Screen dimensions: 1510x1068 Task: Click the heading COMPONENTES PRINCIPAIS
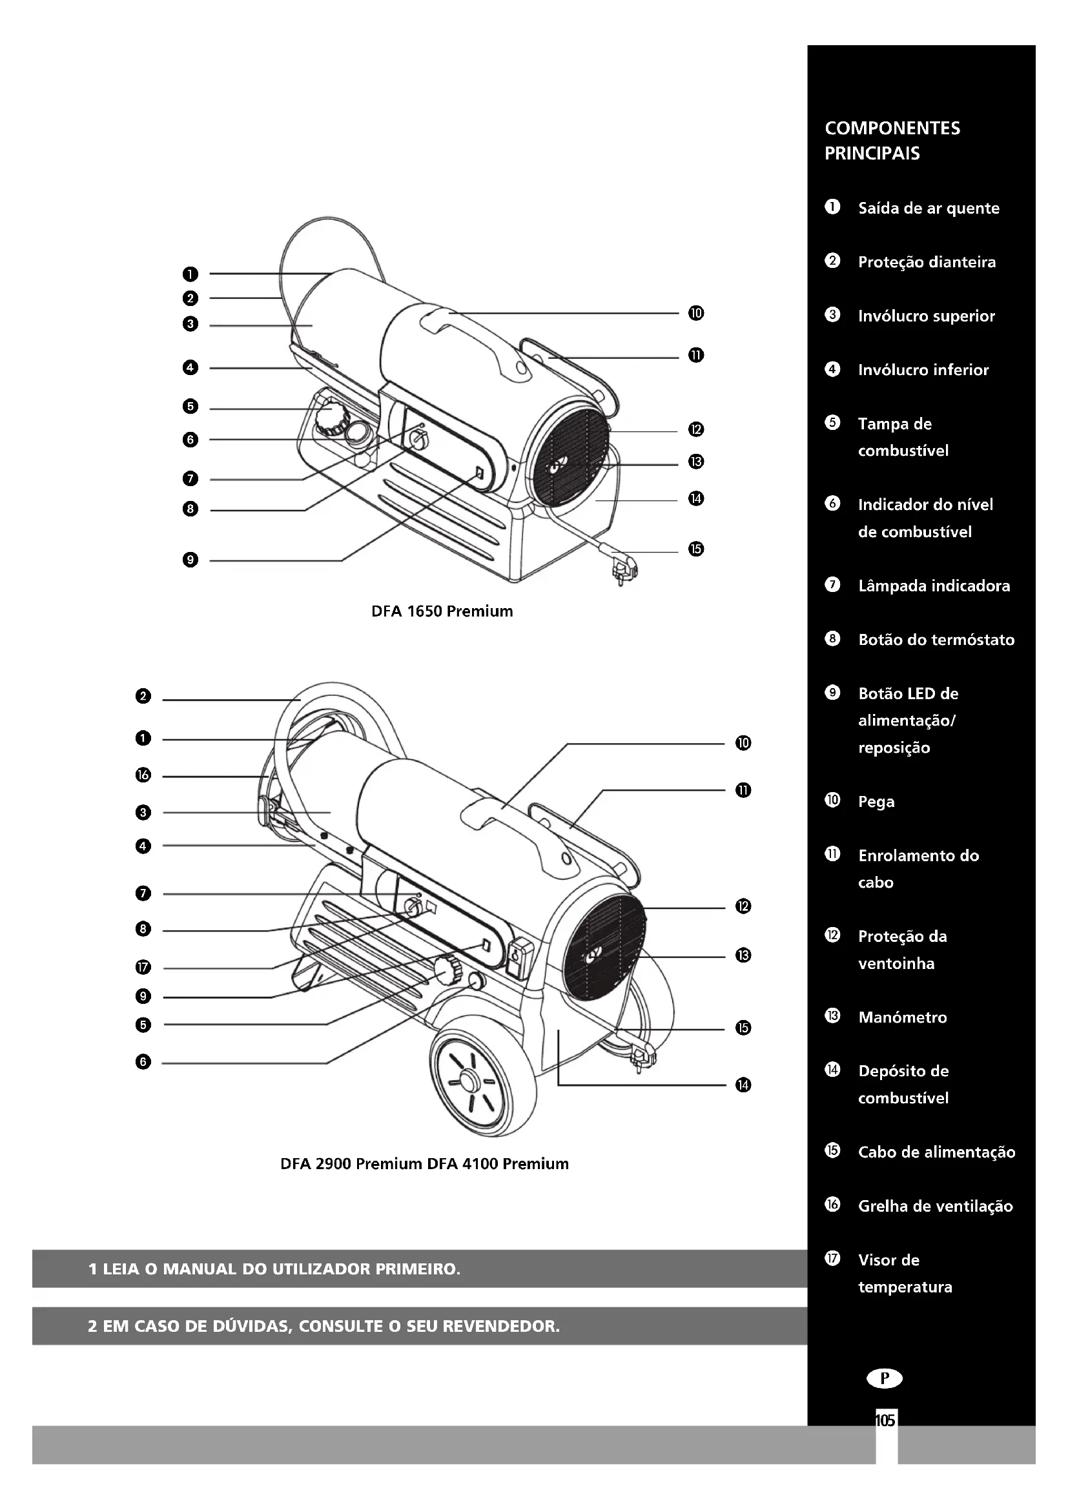coord(892,141)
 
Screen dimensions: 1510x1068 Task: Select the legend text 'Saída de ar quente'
coord(928,209)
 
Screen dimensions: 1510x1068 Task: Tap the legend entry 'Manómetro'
coord(902,1017)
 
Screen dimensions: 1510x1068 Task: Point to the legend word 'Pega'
coord(876,802)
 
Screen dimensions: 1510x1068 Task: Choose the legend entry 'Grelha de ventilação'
coord(935,1206)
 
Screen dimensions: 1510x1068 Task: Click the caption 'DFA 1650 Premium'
coord(442,611)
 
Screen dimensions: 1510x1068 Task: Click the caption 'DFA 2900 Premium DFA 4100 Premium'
coord(424,1164)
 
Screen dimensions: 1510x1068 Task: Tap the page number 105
coord(885,1420)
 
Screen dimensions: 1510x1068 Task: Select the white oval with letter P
coord(885,1378)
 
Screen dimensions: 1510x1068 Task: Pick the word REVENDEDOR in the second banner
coord(501,1326)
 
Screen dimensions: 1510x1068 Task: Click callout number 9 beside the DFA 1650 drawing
coord(190,560)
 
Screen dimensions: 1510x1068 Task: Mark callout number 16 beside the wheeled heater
coord(143,775)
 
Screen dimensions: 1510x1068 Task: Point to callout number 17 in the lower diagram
coord(143,968)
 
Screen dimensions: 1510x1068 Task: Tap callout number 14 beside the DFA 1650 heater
coord(696,498)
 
